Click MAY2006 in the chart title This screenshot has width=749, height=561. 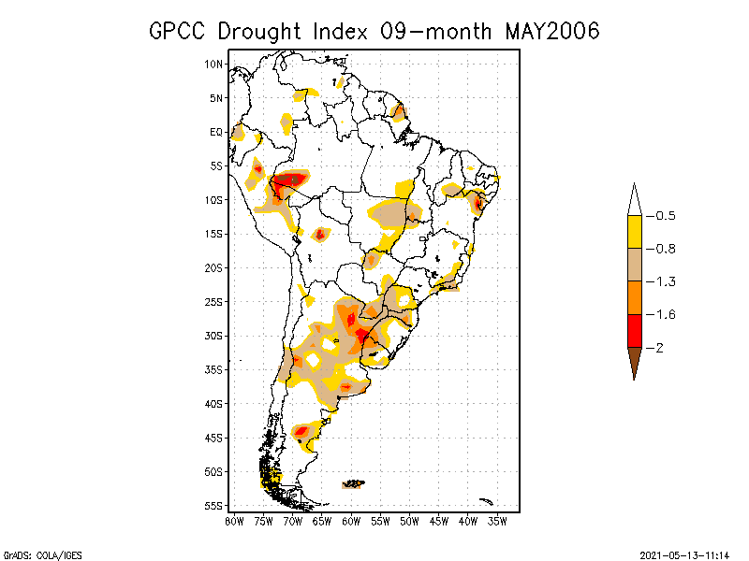(x=551, y=31)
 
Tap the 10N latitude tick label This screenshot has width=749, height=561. (x=214, y=64)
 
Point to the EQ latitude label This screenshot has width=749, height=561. (x=216, y=132)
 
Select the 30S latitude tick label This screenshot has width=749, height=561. (x=214, y=336)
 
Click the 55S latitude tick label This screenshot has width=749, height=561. (x=214, y=505)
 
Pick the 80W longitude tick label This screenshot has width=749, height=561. (x=234, y=521)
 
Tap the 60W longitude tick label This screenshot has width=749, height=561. (x=351, y=521)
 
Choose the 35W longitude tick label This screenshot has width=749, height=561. (x=497, y=521)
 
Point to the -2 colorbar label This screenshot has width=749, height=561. (x=657, y=348)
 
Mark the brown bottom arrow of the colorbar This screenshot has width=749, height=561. (x=634, y=360)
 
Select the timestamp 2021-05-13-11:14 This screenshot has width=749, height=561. (x=688, y=554)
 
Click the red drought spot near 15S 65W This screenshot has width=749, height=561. (x=320, y=234)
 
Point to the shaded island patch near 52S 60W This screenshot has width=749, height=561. (x=354, y=483)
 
